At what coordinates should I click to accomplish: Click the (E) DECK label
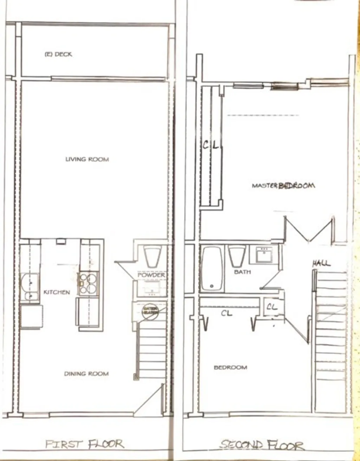click(x=58, y=55)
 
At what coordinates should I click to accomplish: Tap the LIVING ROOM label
click(x=87, y=159)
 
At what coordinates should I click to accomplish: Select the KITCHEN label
click(x=57, y=292)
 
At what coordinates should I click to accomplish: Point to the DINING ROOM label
click(x=86, y=374)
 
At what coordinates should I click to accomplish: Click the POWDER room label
click(x=151, y=275)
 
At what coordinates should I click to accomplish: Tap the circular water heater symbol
click(x=150, y=311)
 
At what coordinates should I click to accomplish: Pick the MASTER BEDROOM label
click(x=283, y=185)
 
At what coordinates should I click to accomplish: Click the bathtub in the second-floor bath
click(x=212, y=269)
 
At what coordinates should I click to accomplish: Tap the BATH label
click(x=242, y=272)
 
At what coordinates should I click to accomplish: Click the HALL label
click(x=321, y=263)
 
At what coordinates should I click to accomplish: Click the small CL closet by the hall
click(x=272, y=307)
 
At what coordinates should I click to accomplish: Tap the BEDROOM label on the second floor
click(x=230, y=367)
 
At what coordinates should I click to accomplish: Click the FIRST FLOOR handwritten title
click(x=84, y=444)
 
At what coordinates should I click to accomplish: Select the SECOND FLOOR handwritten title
click(x=262, y=445)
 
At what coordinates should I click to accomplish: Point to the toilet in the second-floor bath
click(x=237, y=256)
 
